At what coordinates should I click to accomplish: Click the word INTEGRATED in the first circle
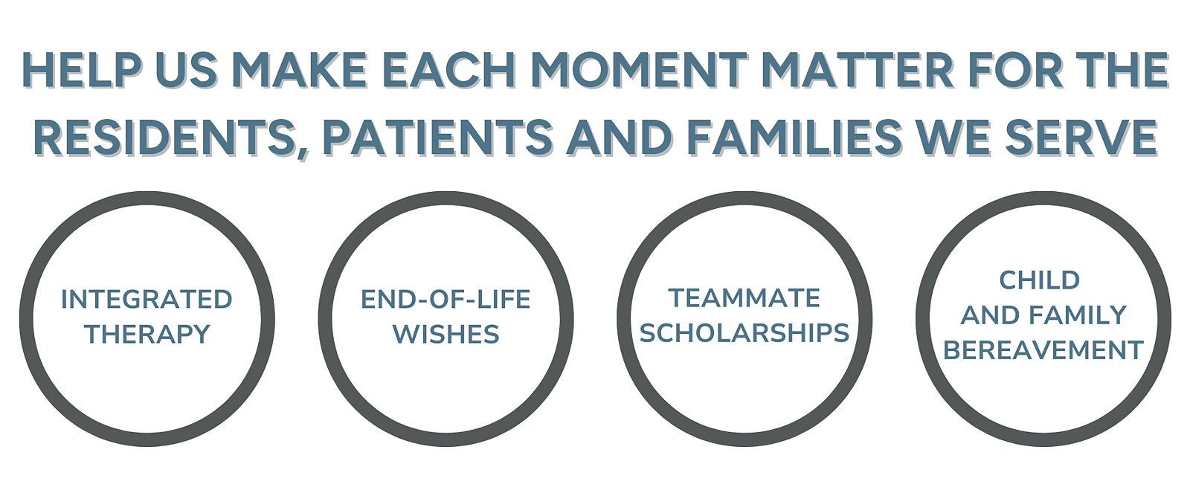147,300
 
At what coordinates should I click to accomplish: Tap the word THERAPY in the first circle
147,334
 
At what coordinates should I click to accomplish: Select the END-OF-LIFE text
446,300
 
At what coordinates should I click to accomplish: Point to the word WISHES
446,334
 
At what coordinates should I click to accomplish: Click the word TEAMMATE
744,298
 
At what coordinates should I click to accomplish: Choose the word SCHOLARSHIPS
744,333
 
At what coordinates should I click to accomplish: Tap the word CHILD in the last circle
1039,280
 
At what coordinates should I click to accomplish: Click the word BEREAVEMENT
1043,350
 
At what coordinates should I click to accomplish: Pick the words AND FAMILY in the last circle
1043,315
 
